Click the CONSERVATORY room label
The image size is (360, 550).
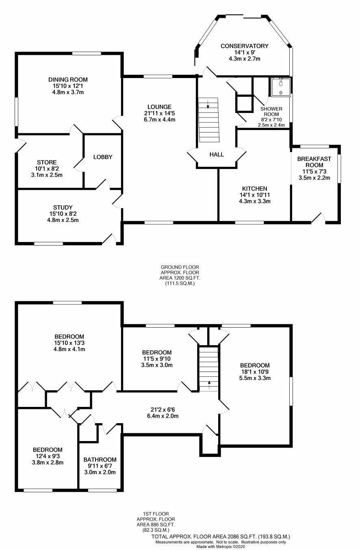(245, 46)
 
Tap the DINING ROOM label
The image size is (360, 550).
(68, 80)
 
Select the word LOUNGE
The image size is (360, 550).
(160, 107)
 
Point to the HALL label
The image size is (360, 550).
(217, 154)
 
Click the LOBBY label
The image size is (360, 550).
(103, 157)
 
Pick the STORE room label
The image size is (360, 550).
(47, 162)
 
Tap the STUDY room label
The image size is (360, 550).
(63, 207)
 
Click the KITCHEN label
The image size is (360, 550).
(255, 189)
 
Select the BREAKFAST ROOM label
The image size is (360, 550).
(314, 162)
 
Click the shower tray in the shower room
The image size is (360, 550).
(281, 87)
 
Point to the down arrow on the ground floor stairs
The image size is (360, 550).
(208, 104)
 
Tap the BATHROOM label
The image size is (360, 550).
(100, 459)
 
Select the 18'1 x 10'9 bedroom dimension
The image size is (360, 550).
(255, 372)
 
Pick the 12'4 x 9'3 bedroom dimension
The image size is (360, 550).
(48, 456)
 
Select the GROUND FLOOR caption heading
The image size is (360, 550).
(180, 267)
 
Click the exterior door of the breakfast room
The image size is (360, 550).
(319, 218)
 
